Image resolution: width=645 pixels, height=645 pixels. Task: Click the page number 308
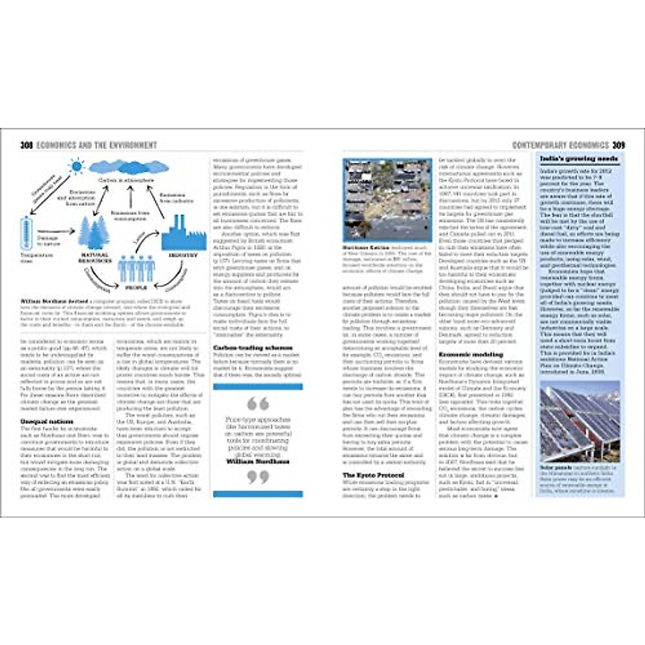coord(26,145)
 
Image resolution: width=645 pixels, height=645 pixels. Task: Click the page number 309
coord(618,145)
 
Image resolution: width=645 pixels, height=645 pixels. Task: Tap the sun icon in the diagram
coord(77,167)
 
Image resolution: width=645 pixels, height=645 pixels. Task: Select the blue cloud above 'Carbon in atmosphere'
coord(128,167)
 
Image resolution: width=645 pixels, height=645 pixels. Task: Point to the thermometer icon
coord(26,233)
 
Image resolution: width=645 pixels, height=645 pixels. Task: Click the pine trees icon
coord(94,233)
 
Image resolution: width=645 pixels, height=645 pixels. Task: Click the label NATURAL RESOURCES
coord(95,258)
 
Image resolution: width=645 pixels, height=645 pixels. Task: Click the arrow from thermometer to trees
coord(56,232)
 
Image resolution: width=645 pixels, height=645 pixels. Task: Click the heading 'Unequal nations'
coord(47,421)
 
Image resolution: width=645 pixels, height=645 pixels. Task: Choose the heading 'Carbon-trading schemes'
coord(253,348)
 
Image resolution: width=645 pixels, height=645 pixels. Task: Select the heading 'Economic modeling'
coord(471,355)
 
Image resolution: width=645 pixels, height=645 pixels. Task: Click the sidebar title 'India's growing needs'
coord(579,159)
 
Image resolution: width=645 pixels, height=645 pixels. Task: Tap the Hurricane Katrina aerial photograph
coord(387,200)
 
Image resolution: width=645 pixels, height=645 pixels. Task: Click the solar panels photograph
coord(579,422)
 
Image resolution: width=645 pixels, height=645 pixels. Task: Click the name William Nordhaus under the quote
coord(257,461)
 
